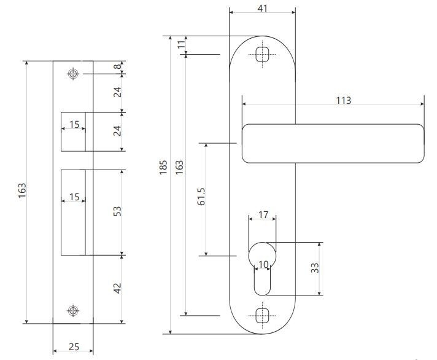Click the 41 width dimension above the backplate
pos(263,8)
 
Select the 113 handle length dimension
pos(344,100)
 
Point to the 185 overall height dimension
pos(164,168)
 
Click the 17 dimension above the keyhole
pos(263,215)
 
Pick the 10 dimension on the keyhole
pos(263,265)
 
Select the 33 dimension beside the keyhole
pos(315,268)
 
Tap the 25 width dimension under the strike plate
pos(74,347)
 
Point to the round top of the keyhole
pos(263,252)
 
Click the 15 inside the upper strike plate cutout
pos(74,125)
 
